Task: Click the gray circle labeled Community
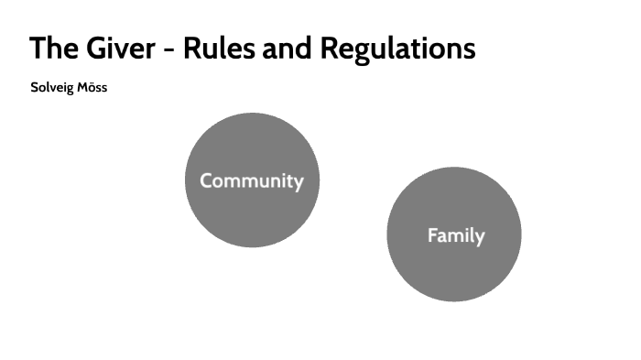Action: (x=251, y=147)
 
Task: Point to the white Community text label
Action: (x=251, y=180)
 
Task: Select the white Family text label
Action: (x=455, y=235)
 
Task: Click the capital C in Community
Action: (x=206, y=180)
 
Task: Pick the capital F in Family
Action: (x=432, y=235)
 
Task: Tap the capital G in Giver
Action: (x=101, y=49)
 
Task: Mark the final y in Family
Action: (x=479, y=237)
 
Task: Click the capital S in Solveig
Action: (x=35, y=89)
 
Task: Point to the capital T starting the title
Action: (x=38, y=49)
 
